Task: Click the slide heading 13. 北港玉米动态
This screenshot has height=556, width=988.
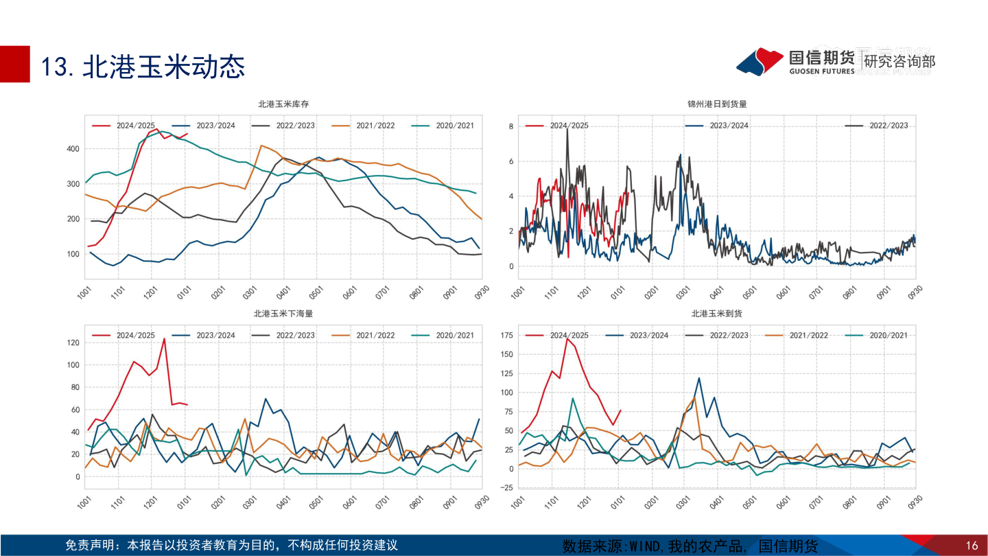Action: click(143, 67)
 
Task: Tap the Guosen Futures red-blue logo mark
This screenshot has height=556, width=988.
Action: click(760, 61)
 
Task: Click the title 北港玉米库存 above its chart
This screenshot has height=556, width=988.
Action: click(283, 104)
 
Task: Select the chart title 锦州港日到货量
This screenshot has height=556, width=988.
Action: click(717, 104)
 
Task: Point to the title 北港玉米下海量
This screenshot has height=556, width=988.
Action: click(283, 314)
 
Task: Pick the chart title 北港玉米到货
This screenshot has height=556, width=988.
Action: click(717, 314)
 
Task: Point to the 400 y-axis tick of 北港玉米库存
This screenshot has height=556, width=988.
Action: click(72, 149)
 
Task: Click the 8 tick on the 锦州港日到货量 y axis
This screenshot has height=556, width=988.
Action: click(510, 127)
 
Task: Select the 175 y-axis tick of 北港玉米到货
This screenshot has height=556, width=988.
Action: click(506, 335)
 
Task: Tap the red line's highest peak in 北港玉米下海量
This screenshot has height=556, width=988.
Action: click(164, 338)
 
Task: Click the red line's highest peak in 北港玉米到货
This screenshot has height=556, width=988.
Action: click(567, 338)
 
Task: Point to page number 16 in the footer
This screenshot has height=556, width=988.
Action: click(972, 546)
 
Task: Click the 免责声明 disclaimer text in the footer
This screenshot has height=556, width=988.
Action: click(231, 546)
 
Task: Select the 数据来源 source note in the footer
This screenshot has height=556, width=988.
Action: click(690, 546)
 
